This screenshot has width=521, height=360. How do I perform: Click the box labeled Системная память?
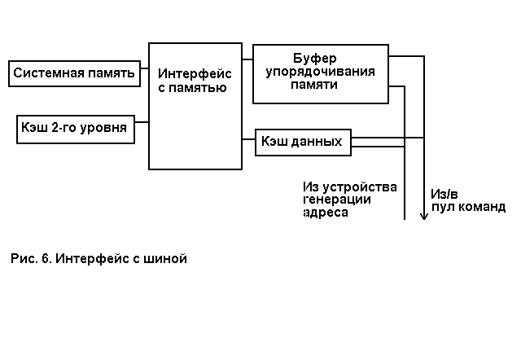(73, 74)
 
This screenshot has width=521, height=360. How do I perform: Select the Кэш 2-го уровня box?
(76, 129)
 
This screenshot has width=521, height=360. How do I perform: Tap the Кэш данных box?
(303, 142)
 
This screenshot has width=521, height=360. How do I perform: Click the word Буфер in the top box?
(314, 58)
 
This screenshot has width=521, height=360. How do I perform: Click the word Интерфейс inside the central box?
(195, 74)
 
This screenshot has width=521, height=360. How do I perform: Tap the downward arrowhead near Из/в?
(423, 216)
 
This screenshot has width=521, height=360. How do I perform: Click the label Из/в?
(445, 194)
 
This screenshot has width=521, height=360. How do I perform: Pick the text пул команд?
(468, 207)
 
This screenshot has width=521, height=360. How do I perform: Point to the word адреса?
(325, 213)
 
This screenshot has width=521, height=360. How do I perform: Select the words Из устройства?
(349, 187)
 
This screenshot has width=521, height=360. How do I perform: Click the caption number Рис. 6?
(31, 259)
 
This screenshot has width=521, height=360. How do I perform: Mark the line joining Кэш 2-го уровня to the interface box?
(142, 122)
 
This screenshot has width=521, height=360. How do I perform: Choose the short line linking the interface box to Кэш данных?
(248, 140)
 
